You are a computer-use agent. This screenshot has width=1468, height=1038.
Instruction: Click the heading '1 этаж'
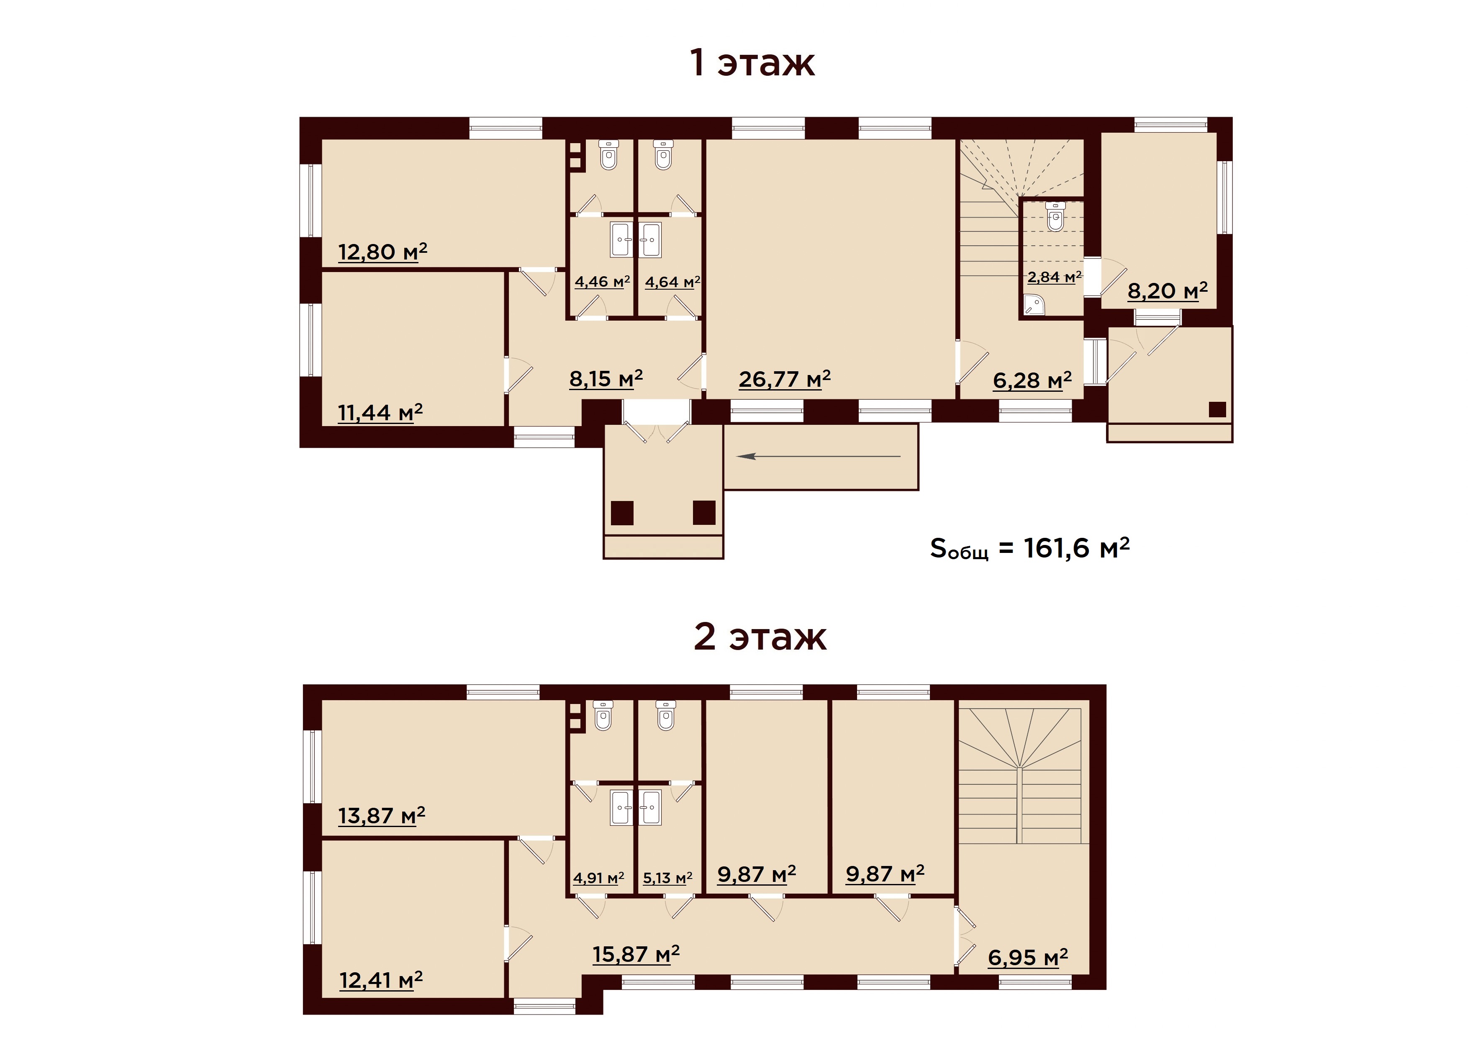[752, 63]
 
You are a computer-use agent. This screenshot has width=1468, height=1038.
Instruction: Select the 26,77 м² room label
[785, 379]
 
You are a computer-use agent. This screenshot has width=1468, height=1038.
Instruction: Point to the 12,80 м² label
[382, 252]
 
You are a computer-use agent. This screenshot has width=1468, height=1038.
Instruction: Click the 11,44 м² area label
[380, 413]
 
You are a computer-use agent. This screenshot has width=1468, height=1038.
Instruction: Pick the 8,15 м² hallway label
[606, 379]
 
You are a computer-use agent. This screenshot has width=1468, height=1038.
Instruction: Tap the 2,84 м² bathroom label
[1054, 277]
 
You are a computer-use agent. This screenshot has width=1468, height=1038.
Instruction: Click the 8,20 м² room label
[1168, 291]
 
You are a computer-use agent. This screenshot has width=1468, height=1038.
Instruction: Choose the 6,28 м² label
[1032, 380]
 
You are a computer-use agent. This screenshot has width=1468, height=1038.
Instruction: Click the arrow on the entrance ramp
[819, 456]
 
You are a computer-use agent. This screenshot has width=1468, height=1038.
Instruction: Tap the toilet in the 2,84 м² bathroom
[1056, 216]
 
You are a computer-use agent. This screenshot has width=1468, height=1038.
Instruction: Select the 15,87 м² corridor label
[636, 954]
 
